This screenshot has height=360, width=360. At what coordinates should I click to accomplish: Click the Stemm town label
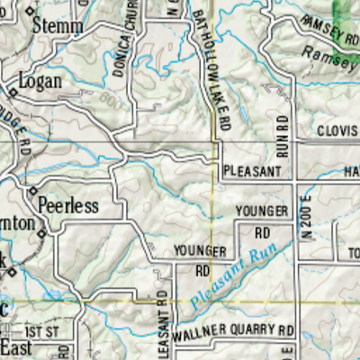click(58, 24)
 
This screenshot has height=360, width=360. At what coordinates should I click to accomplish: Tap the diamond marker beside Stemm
click(29, 12)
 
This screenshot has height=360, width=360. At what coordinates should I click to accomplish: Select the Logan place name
click(40, 81)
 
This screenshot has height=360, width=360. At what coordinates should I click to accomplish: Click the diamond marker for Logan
click(13, 92)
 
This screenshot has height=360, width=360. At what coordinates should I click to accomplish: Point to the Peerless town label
click(67, 206)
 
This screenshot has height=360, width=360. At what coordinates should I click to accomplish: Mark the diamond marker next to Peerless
click(32, 192)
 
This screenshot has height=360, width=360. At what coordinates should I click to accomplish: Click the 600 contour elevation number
click(111, 99)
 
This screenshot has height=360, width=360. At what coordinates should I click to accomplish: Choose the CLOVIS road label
click(337, 131)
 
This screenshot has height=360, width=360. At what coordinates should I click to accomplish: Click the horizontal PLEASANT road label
click(253, 170)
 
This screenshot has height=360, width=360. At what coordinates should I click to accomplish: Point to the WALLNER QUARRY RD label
click(234, 331)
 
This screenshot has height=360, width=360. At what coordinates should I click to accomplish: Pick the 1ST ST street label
click(41, 332)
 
